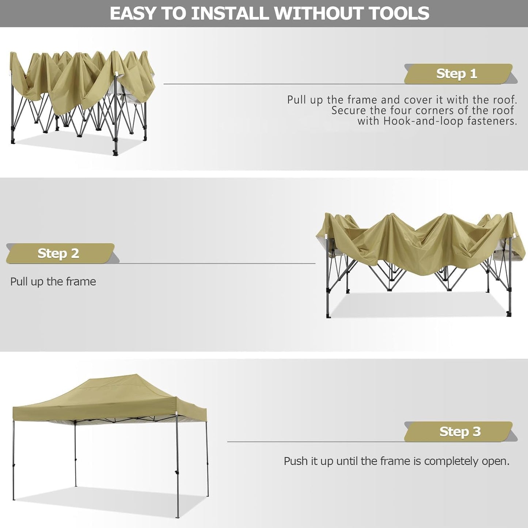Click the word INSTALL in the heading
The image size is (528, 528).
[230, 14]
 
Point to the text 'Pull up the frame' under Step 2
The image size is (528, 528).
[53, 282]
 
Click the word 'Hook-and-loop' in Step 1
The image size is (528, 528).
[423, 121]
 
